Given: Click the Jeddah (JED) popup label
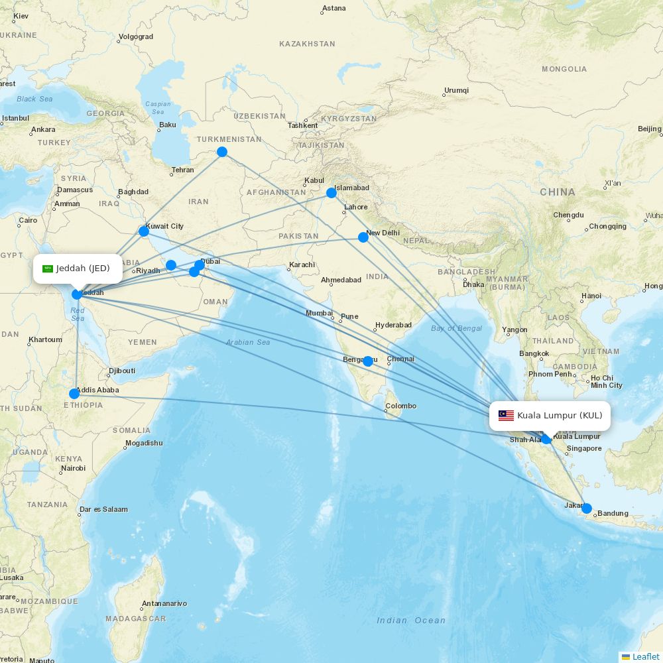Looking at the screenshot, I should (78, 268).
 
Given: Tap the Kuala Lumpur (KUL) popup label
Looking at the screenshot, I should (550, 416).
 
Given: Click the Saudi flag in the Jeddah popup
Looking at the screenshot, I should (48, 269).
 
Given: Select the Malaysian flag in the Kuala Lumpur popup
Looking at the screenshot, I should (506, 416).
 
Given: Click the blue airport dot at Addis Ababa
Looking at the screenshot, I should (74, 394).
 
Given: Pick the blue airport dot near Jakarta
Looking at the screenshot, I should (586, 509).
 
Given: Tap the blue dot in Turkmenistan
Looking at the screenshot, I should (222, 152).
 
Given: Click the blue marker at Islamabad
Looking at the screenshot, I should (331, 193).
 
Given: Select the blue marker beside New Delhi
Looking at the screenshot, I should (363, 237).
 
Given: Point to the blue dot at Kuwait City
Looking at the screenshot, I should (144, 231).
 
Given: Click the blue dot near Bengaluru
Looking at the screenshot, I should (368, 361).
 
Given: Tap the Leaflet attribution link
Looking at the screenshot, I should (645, 656).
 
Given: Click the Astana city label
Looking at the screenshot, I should (333, 9).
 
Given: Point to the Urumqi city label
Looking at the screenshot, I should (456, 90).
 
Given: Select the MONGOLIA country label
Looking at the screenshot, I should (564, 69).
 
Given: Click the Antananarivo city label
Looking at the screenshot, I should (164, 603).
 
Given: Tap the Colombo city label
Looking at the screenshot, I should (401, 406).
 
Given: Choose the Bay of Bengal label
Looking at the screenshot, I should (457, 329).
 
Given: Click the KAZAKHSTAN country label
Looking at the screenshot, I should (307, 44).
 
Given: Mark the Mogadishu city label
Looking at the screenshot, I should (144, 443).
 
